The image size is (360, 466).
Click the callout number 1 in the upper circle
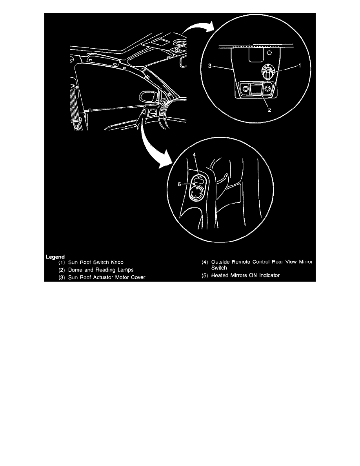click(300, 66)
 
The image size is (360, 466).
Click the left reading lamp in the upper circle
click(246, 89)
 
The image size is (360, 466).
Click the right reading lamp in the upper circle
click(267, 89)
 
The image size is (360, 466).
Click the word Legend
click(55, 257)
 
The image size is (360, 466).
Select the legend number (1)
click(62, 262)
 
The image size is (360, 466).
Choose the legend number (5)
click(204, 275)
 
